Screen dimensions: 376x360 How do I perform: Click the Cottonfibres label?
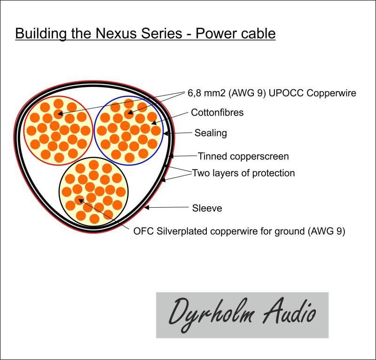point(217,112)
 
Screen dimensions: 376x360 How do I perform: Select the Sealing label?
point(211,133)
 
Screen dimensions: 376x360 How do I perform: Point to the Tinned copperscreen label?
point(243,157)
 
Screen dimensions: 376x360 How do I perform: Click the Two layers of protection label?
point(243,173)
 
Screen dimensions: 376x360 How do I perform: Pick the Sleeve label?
point(207,208)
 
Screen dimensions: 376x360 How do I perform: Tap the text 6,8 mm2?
point(206,93)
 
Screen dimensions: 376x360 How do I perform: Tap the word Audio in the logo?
point(289,311)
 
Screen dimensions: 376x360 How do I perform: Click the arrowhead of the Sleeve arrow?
point(146,207)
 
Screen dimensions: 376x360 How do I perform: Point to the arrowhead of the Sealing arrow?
point(165,133)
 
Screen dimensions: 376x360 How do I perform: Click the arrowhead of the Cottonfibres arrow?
point(154,123)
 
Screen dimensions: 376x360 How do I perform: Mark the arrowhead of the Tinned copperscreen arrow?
point(171,157)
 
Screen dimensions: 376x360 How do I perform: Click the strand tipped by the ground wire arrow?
point(79,200)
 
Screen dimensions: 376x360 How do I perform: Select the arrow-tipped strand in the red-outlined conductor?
point(58,114)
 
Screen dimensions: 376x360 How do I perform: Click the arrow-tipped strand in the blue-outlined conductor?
point(128,114)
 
